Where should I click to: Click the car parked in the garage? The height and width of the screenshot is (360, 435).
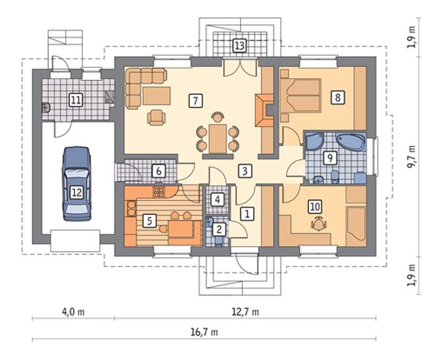click(77, 184)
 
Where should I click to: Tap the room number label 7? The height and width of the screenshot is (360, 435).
click(196, 101)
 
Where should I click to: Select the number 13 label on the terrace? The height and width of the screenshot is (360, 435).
click(240, 45)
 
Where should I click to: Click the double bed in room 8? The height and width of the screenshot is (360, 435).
click(301, 96)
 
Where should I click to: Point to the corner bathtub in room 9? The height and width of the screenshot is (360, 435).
click(351, 142)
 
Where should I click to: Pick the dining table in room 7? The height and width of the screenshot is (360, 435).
click(217, 138)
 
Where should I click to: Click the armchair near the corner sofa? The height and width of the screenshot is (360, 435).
click(156, 117)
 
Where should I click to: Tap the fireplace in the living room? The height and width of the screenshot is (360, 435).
click(264, 111)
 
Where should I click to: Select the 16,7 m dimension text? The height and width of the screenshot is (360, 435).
click(204, 332)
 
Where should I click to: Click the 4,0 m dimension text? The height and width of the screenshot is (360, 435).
click(73, 312)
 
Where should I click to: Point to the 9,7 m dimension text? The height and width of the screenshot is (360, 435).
click(412, 156)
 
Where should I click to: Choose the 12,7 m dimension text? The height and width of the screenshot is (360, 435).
click(245, 312)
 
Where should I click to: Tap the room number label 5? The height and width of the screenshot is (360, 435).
click(150, 222)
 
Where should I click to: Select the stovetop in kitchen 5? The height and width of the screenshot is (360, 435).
click(159, 192)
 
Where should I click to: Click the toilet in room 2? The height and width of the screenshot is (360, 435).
click(219, 241)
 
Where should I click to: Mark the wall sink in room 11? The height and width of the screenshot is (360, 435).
click(45, 107)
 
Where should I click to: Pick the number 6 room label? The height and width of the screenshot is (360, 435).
click(159, 171)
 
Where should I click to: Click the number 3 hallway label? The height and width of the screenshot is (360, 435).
click(245, 171)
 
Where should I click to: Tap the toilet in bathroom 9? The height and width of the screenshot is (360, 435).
click(335, 177)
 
